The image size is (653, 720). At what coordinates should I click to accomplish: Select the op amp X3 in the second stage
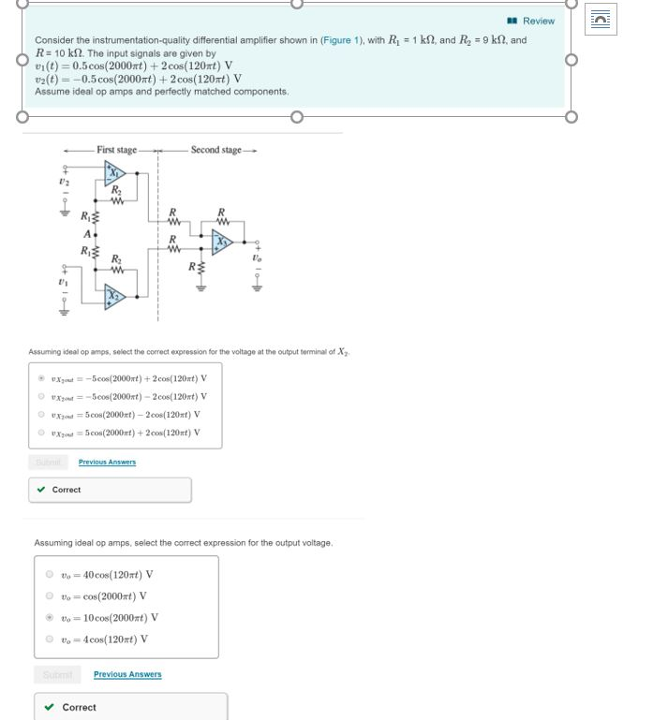coord(221,241)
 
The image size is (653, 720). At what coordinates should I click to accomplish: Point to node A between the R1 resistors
coord(87,233)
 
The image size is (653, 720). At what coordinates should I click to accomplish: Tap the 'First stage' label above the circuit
coord(116,150)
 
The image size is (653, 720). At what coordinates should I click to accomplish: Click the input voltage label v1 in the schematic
coord(64,282)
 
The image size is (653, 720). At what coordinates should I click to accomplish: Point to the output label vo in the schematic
coord(256,257)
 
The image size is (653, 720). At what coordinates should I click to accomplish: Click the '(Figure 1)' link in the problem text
coord(338,40)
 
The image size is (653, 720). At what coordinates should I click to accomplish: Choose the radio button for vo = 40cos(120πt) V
coord(50,575)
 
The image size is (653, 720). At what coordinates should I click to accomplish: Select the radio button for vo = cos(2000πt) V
coord(50,596)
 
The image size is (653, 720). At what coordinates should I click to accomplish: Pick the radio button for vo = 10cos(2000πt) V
coord(50,618)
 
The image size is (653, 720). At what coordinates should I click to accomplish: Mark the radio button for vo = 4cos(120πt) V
coord(50,639)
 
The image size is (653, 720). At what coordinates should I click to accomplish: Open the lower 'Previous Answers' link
coord(127,674)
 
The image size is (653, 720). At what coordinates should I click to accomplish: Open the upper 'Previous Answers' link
coord(107,462)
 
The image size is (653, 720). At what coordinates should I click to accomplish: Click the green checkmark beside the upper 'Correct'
coord(40,490)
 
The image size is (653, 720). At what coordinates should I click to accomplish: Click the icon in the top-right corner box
coord(601,19)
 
